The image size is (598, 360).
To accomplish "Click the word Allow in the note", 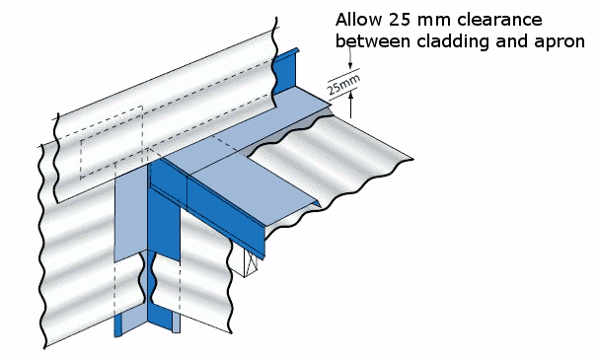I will pyautogui.click(x=358, y=19).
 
